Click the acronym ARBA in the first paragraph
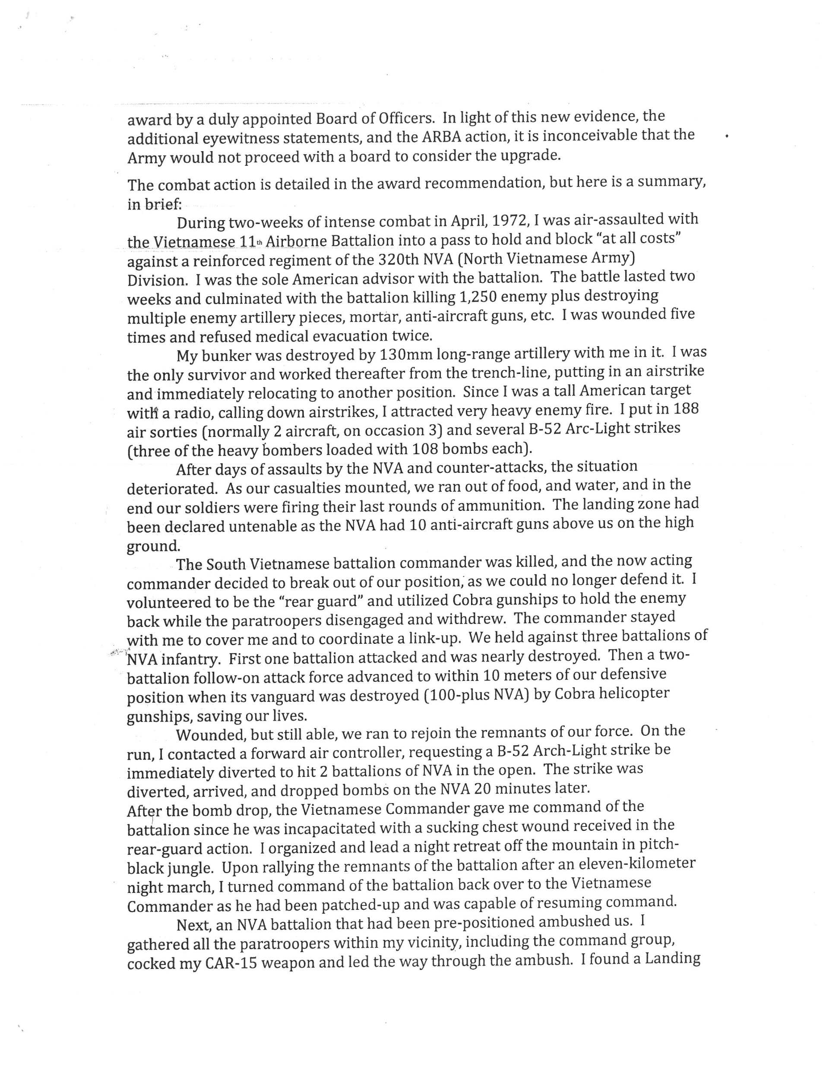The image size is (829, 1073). click(x=442, y=136)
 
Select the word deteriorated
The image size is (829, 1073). click(x=171, y=489)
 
